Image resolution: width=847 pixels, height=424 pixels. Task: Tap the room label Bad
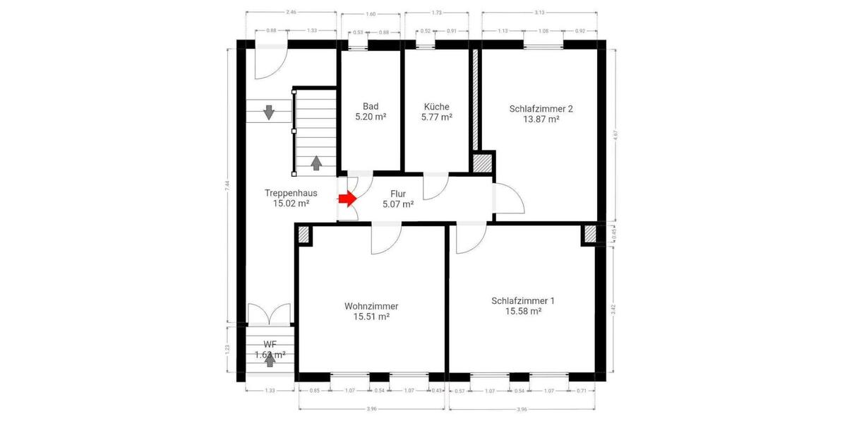coord(371,107)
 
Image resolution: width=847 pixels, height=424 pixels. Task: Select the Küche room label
coord(436,107)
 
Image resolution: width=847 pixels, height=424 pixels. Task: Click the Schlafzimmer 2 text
coord(541,109)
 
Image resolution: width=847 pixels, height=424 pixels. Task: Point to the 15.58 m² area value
coord(523,311)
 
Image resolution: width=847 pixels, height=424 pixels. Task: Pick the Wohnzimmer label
coord(371,306)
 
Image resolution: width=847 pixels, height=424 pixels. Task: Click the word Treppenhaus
coord(291,192)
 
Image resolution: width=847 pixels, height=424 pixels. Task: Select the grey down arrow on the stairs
coord(269,112)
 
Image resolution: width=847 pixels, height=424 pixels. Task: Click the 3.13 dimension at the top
coord(540,12)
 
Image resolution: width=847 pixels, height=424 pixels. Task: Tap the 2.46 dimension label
coord(290,12)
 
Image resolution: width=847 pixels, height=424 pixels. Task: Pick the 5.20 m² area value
coord(371,117)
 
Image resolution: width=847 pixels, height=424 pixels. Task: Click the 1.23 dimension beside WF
coord(227,348)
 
